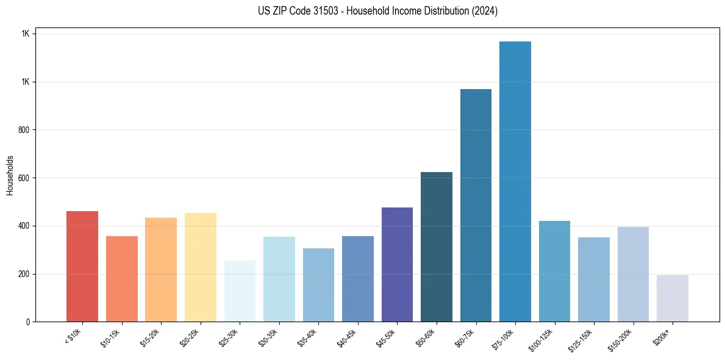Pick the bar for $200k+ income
(x=672, y=298)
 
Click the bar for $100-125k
(x=554, y=271)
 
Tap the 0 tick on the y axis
(x=27, y=322)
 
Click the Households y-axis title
(x=10, y=175)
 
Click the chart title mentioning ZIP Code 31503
(x=362, y=11)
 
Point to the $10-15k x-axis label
(x=110, y=337)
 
